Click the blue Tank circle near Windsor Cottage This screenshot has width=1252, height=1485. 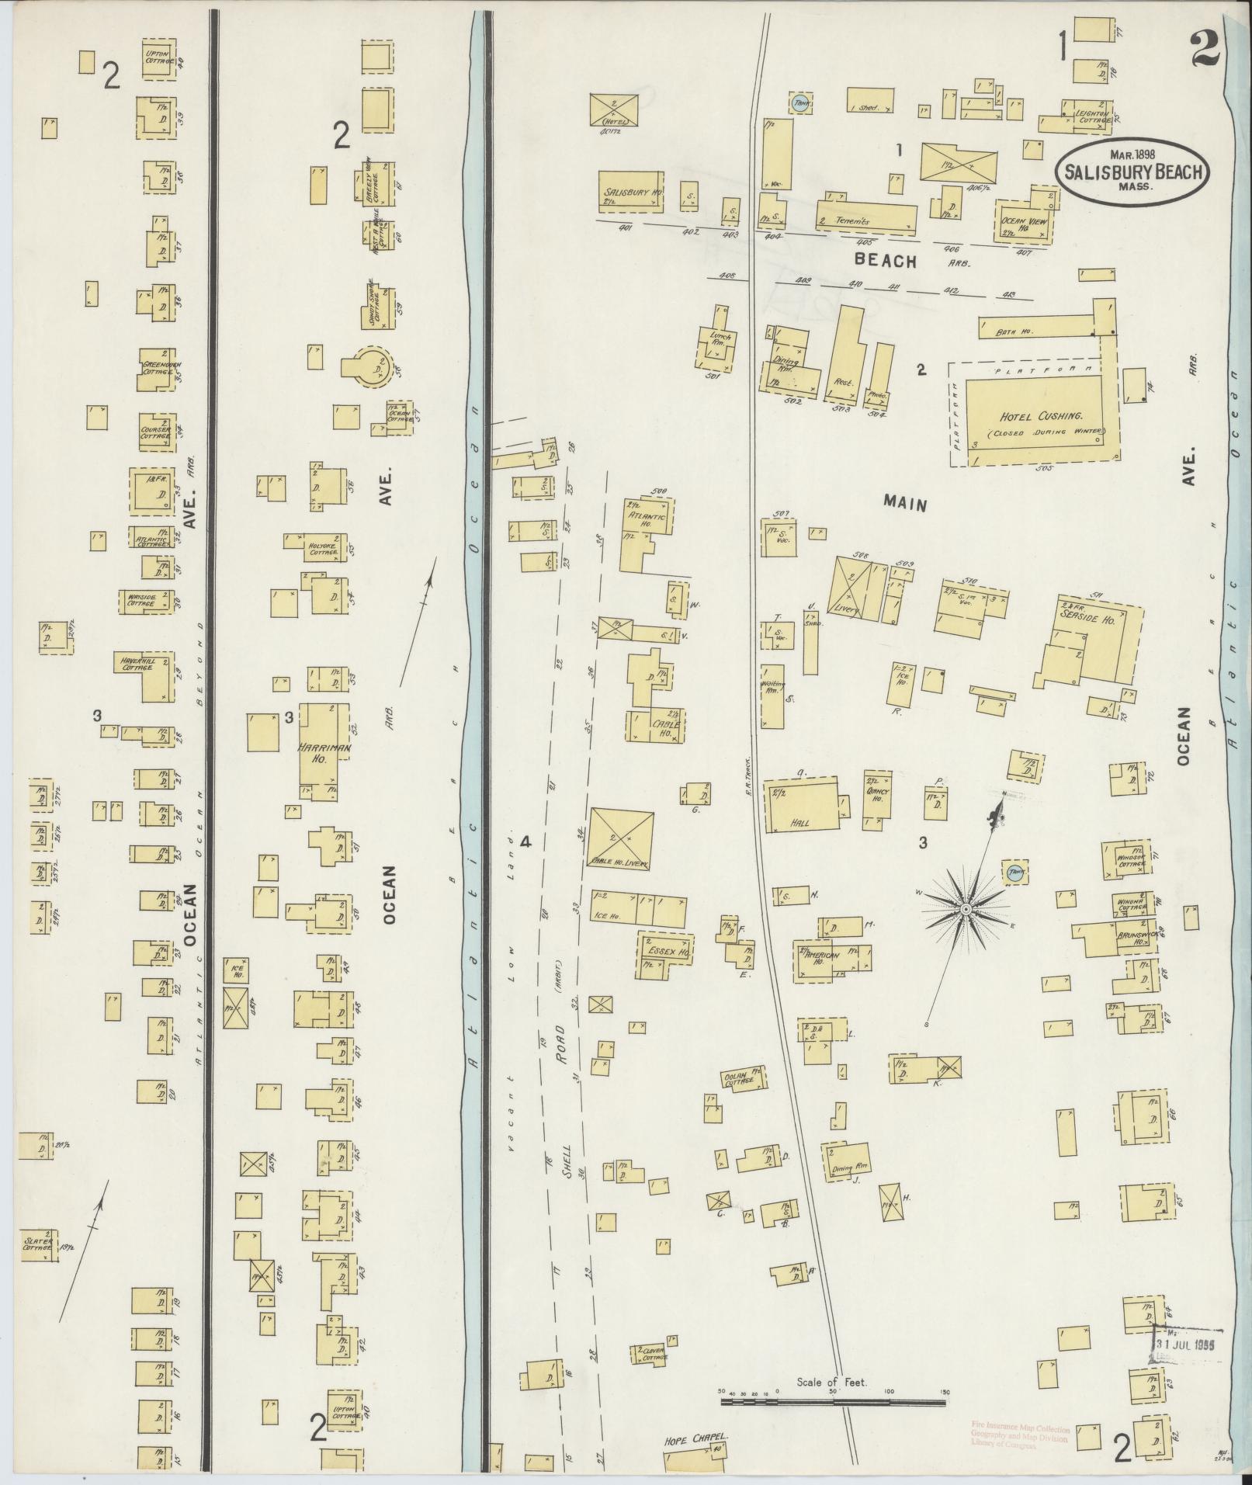click(1014, 873)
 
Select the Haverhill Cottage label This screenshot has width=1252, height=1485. click(138, 664)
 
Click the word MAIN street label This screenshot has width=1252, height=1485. click(904, 505)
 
